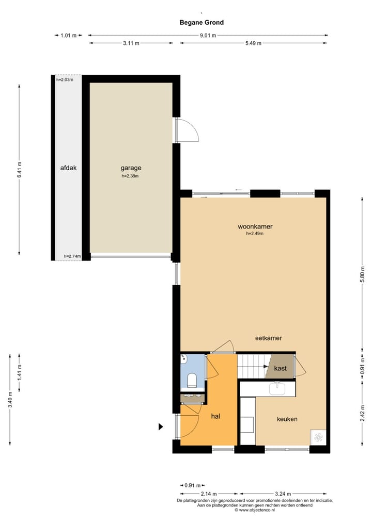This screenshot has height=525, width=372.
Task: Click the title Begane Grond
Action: [202, 22]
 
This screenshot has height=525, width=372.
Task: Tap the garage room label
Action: [131, 168]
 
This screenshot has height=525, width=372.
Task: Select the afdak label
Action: [68, 168]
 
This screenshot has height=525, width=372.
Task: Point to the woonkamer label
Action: [255, 226]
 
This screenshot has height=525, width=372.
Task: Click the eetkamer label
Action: [269, 338]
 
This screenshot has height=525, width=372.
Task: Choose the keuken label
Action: [287, 419]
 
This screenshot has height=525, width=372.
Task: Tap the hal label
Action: [216, 416]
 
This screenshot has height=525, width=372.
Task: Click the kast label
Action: [281, 368]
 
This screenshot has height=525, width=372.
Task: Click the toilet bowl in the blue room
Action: [192, 381]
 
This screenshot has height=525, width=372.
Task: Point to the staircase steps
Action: [251, 366]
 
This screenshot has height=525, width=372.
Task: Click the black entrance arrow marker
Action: [161, 426]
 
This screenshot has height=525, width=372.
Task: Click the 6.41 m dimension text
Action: [20, 170]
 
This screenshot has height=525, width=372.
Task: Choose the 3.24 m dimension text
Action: [284, 494]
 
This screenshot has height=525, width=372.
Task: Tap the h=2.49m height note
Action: [255, 234]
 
